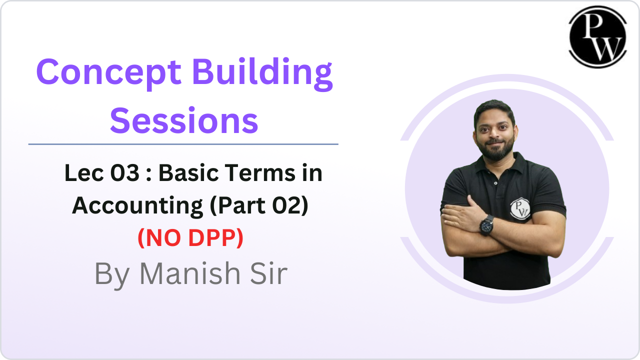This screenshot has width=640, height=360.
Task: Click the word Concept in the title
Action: coord(109,73)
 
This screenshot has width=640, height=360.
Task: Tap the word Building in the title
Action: coord(262,73)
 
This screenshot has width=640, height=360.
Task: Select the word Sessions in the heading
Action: coord(184,121)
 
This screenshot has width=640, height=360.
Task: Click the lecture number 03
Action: coord(125,173)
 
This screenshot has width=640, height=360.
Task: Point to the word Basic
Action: coord(189,173)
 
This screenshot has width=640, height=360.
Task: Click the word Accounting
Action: coord(137,205)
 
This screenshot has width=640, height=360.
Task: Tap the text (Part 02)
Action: coord(259,205)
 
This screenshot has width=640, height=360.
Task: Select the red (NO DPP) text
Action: coord(190,237)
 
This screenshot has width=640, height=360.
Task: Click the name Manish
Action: coord(190,273)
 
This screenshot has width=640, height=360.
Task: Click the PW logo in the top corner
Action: coord(597,37)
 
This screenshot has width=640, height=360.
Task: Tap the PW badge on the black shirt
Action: coord(520,209)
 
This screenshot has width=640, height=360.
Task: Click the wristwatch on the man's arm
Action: coord(487,225)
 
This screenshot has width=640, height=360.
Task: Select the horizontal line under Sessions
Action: coord(183,144)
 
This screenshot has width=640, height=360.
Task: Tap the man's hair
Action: coord(494,110)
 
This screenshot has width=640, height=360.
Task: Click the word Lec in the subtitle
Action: coord(84,173)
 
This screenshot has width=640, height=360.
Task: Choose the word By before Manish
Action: coord(112,275)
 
